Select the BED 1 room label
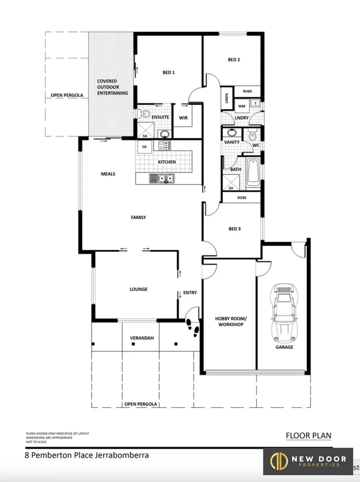click(x=168, y=73)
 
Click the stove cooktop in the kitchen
click(x=164, y=145)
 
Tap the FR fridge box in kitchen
click(x=144, y=146)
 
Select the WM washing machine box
click(x=242, y=106)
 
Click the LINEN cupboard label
click(x=227, y=98)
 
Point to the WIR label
click(x=183, y=118)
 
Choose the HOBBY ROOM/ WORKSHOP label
click(x=229, y=321)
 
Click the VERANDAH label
click(x=142, y=338)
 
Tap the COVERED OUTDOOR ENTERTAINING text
click(x=113, y=87)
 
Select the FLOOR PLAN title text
click(x=308, y=436)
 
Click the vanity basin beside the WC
click(x=232, y=133)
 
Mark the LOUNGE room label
click(x=138, y=289)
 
